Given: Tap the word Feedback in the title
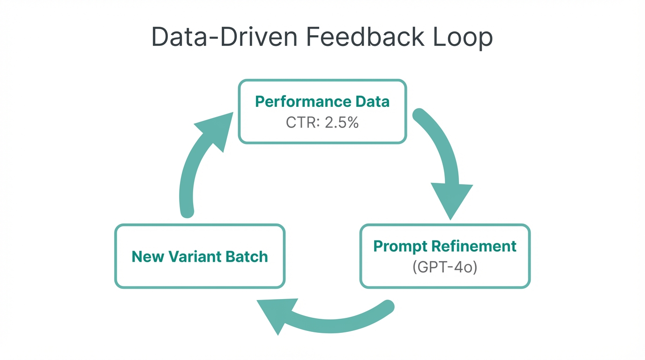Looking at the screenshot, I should [x=365, y=37].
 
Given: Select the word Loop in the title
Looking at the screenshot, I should [x=463, y=37].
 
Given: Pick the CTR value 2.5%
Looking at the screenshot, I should [x=342, y=123].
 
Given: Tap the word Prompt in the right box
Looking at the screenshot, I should [x=399, y=246].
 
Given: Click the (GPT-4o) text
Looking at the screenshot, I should [x=445, y=267].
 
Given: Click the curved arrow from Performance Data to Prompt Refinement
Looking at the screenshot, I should [x=443, y=145].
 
